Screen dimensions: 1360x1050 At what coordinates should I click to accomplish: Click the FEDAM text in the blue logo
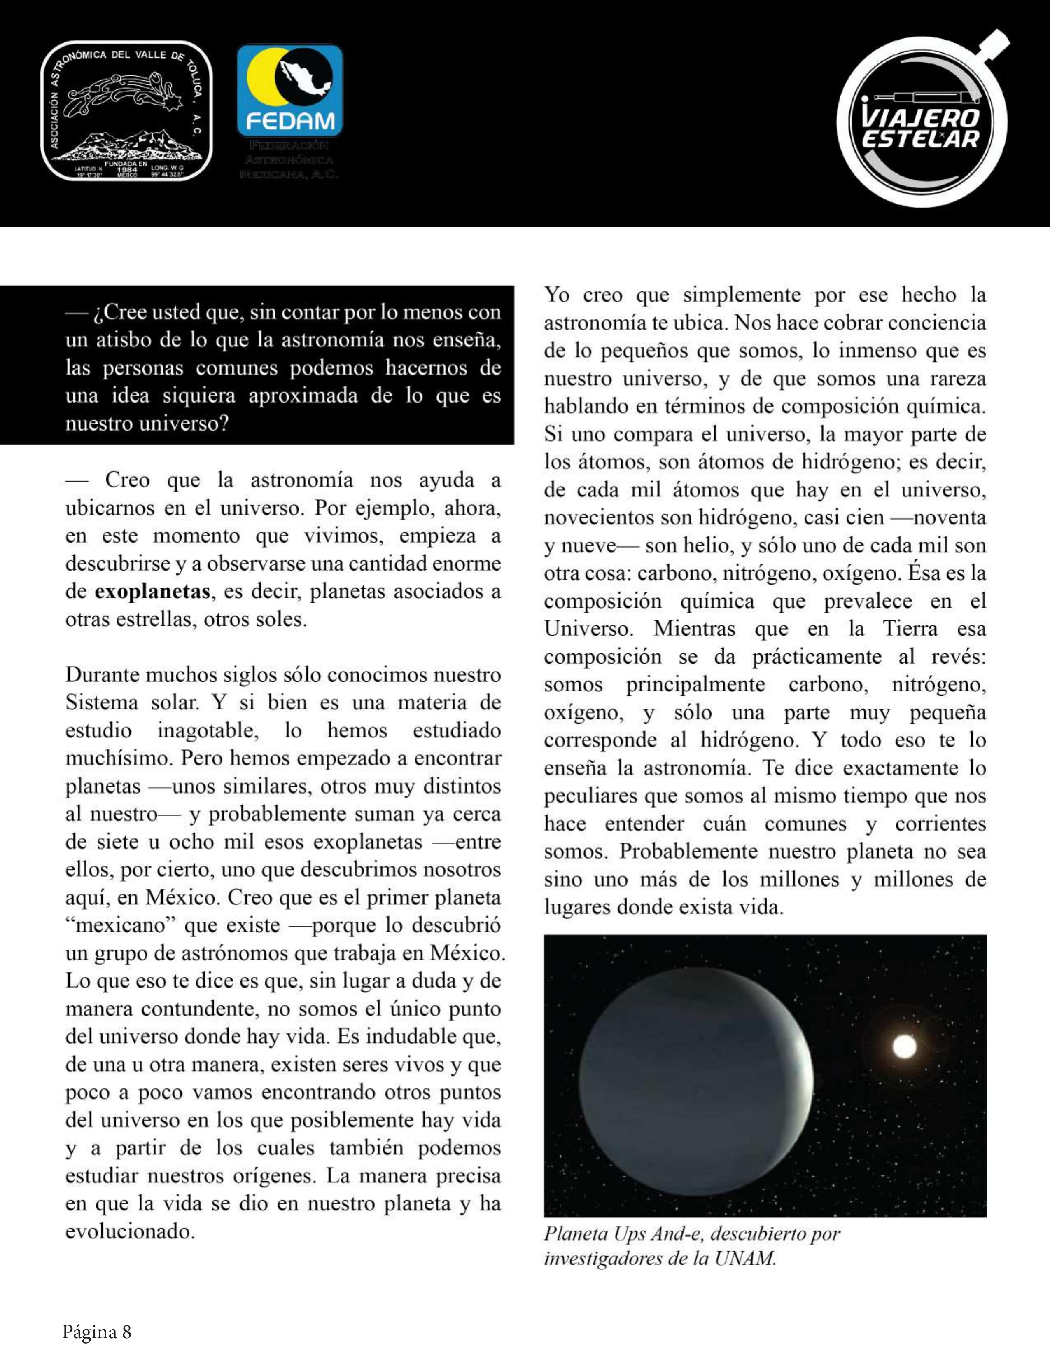(290, 121)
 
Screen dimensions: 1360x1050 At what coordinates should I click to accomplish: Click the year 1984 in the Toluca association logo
(126, 169)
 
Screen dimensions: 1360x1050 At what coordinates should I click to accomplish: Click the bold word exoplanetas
(152, 591)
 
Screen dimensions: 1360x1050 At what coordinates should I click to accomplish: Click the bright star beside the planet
(904, 1047)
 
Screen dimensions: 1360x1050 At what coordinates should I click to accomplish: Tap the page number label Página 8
(96, 1331)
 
